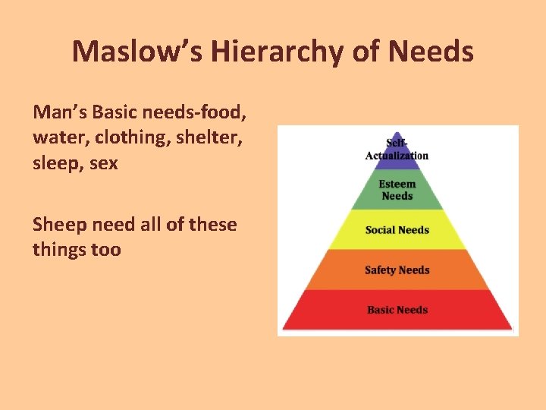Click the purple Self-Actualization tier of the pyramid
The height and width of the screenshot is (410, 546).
[x=397, y=150]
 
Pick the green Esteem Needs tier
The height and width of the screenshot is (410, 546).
[x=397, y=191]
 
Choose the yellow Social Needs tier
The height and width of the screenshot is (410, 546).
[x=397, y=230]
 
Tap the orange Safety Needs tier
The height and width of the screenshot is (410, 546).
[x=397, y=270]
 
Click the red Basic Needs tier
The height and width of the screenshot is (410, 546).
[x=397, y=310]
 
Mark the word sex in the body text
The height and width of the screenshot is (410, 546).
[x=103, y=164]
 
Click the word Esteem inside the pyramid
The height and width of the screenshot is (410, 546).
[x=397, y=184]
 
